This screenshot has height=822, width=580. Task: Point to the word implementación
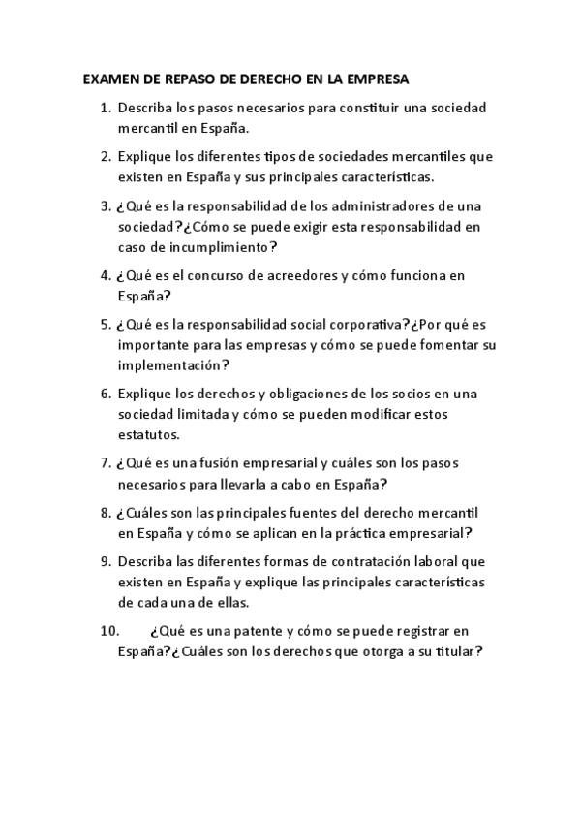(x=169, y=366)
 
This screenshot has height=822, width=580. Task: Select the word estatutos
(x=147, y=435)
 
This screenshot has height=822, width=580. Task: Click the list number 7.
(x=106, y=462)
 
